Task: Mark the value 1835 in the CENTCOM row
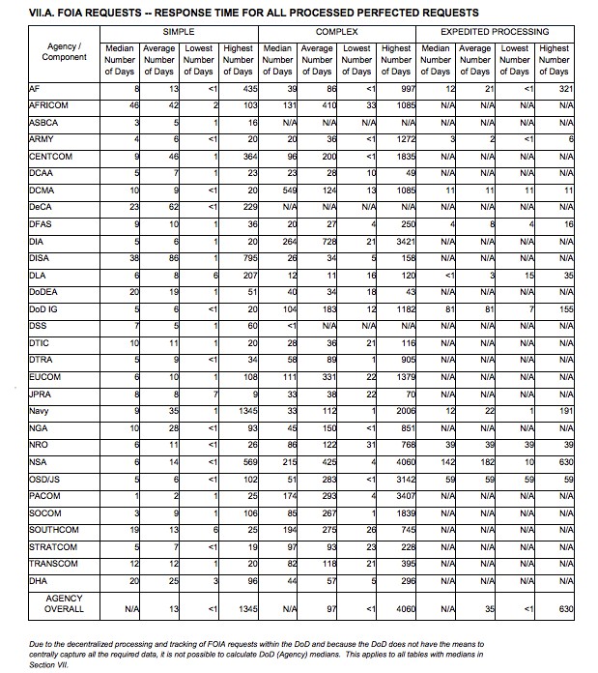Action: tap(399, 157)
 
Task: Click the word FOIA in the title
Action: tap(64, 13)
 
